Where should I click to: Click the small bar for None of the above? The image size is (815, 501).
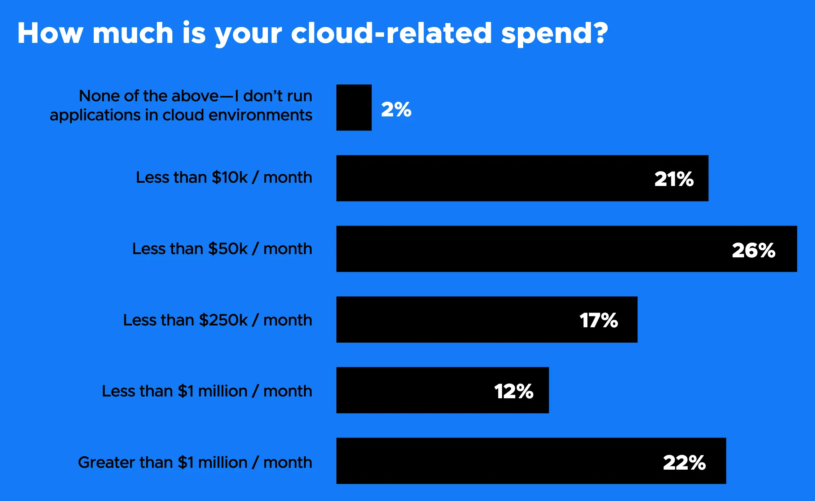coord(354,107)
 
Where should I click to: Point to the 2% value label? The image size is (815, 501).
coord(396,109)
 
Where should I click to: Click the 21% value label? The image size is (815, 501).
coord(674,179)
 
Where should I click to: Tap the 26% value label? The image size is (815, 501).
coord(753,250)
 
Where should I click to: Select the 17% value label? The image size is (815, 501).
coord(599,320)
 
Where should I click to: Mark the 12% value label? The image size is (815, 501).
coord(514,391)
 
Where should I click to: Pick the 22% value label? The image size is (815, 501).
coord(684,462)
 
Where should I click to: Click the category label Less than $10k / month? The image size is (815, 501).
coord(224,177)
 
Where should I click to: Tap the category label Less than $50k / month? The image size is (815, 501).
coord(222,249)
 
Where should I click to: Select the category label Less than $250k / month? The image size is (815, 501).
coord(217,320)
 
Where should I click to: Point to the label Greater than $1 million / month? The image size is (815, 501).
coord(195,462)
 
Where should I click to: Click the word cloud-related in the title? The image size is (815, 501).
coord(391,33)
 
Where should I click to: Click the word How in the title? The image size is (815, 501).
coord(50,33)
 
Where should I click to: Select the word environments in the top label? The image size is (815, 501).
coord(260,115)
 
